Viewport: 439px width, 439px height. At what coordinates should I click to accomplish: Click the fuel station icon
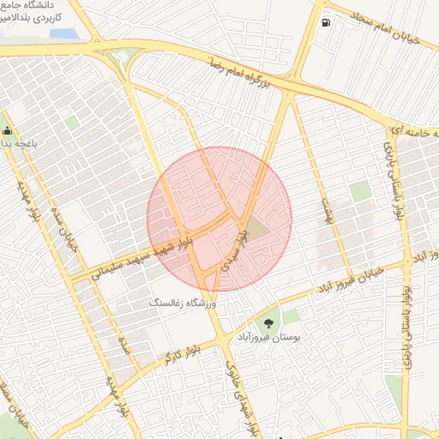[326, 23]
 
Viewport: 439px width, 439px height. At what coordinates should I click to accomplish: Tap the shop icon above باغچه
[8, 131]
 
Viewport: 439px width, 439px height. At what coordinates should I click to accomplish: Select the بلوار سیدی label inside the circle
[237, 249]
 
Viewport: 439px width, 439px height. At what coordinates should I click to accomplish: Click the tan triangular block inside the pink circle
[260, 226]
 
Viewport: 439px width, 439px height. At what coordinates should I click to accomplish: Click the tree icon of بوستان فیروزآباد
[270, 322]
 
